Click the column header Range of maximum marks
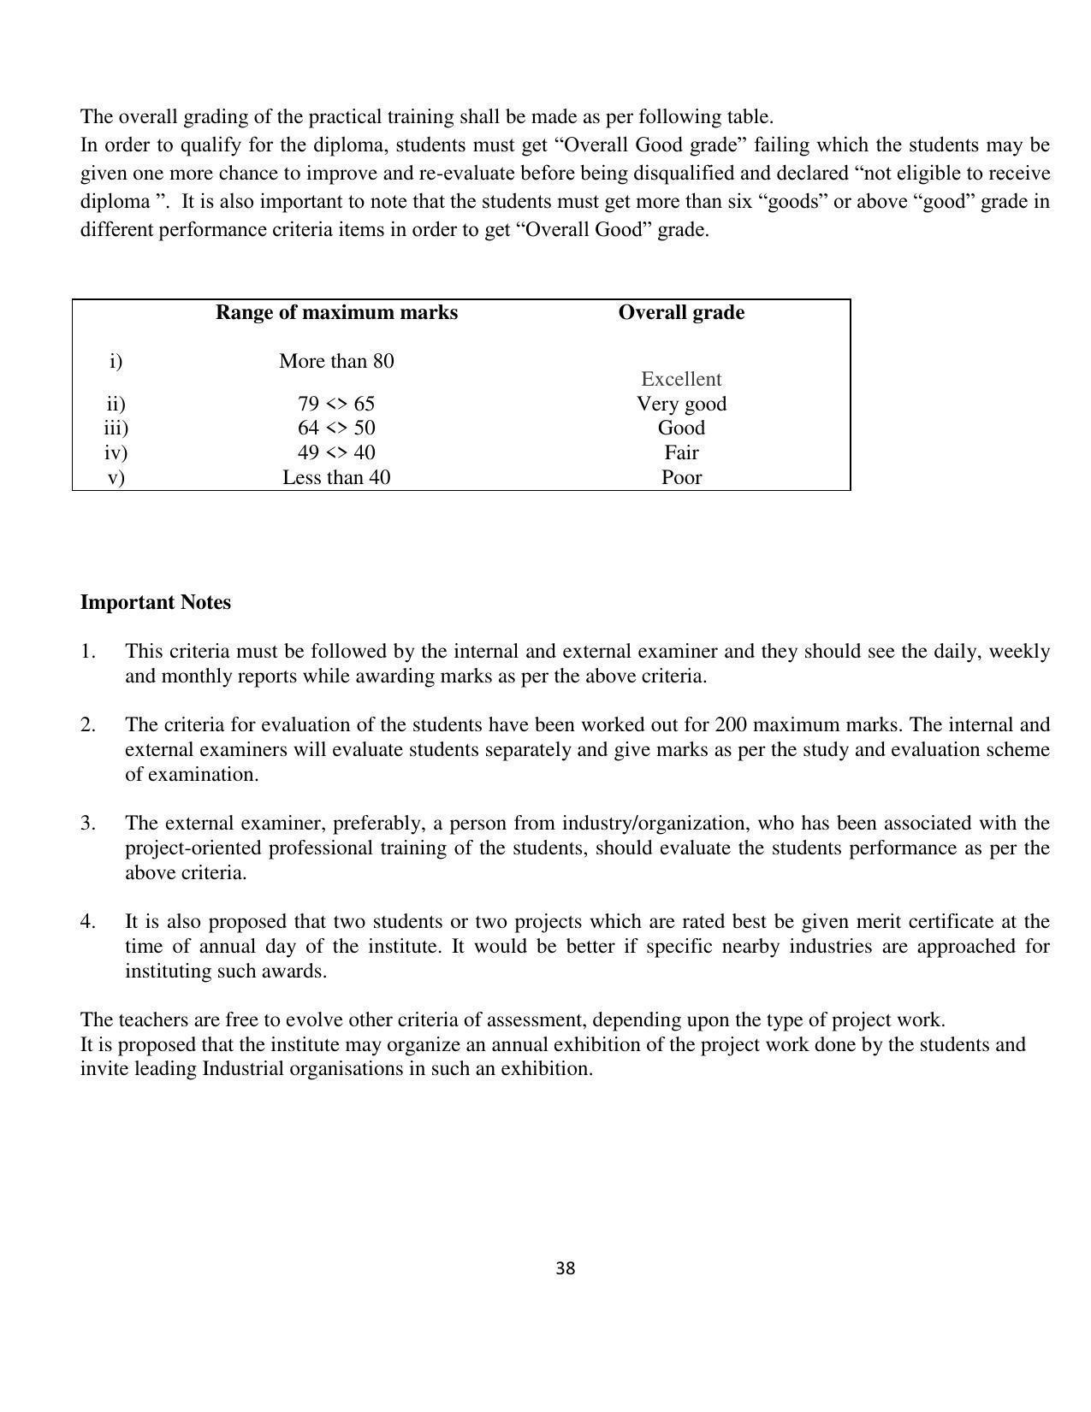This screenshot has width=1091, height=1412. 336,313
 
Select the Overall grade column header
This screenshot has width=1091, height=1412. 681,313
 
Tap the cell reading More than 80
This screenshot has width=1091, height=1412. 336,362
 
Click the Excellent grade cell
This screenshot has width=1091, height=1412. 681,380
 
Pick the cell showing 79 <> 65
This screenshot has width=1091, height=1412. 336,404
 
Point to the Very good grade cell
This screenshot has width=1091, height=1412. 681,404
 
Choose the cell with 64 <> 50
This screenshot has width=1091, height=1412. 336,428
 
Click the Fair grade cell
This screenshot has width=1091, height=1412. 681,452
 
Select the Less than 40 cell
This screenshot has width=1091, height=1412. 336,477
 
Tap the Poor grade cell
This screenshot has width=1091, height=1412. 681,477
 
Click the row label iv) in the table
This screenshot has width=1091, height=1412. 116,452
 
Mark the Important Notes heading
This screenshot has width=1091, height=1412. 155,603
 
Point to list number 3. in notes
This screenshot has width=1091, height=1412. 88,824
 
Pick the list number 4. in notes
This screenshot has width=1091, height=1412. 88,922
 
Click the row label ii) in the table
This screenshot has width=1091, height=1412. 116,404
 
